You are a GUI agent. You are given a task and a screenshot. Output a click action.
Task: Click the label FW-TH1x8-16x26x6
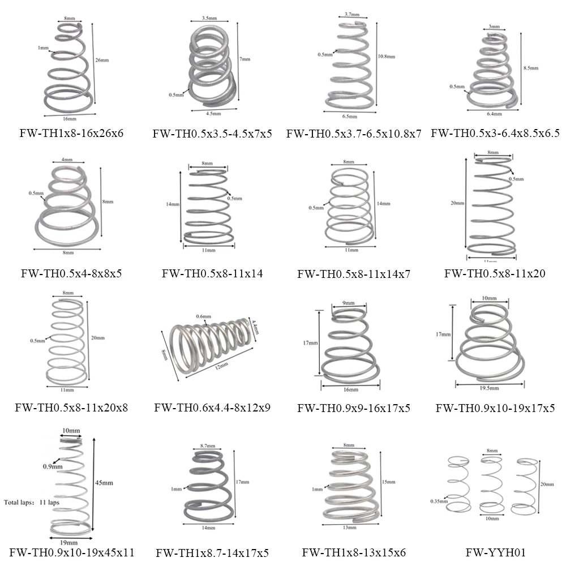point(71,134)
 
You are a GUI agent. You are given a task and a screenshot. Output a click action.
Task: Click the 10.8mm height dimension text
point(385,57)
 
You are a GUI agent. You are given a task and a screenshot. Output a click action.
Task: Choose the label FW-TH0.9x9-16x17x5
point(354,408)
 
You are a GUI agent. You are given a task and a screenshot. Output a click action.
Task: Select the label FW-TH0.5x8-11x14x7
point(354,274)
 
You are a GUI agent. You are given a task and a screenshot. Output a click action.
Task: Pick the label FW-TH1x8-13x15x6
point(354,552)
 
